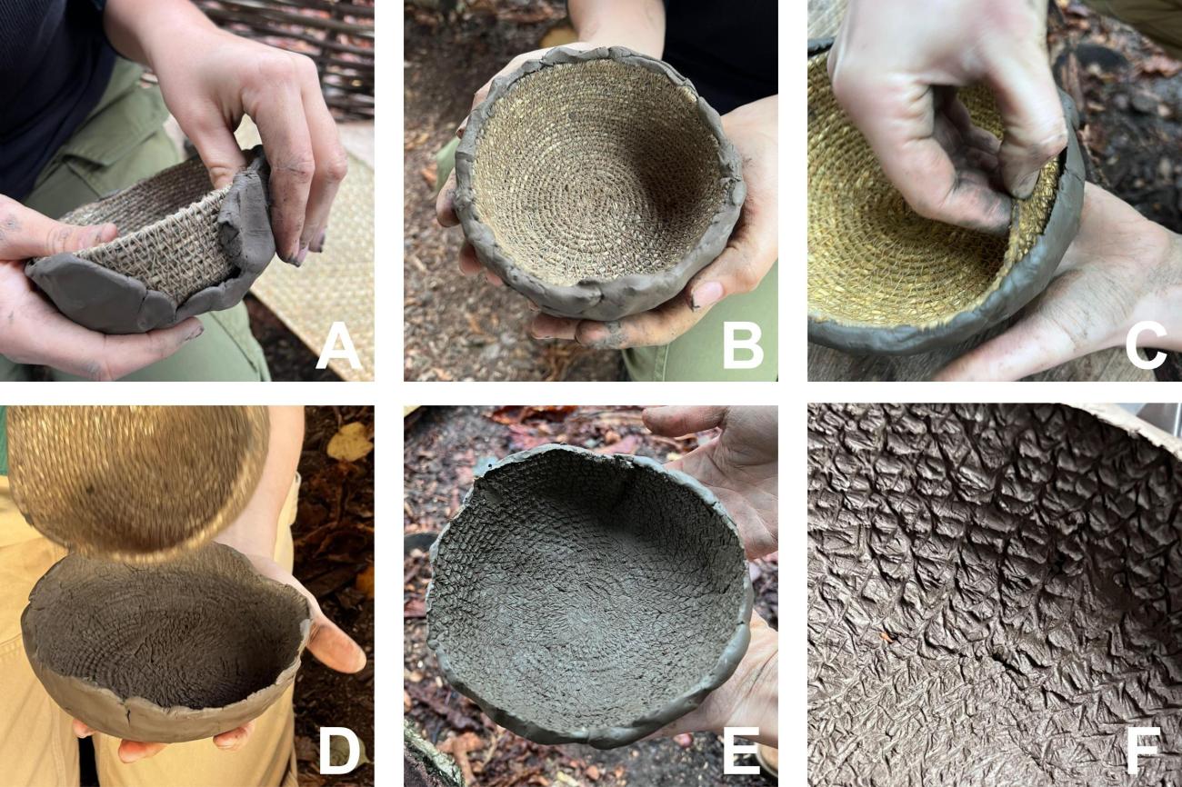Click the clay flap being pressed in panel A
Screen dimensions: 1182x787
[244, 211]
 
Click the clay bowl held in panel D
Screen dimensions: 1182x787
[164, 643]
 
